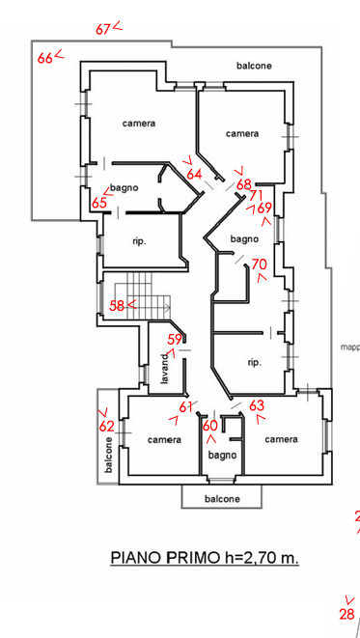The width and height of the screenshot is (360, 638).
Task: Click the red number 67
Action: coord(102,29)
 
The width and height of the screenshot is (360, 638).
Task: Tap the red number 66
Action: coord(44,59)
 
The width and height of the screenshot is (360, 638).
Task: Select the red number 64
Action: coord(195,174)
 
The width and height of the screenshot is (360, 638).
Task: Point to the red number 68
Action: coord(243,184)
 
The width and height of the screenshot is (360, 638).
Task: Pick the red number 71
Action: coord(256,195)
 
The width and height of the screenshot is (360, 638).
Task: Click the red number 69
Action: coord(264,208)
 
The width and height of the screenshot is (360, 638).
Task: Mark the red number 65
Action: coord(99,204)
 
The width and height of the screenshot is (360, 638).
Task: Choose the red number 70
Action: coord(258,264)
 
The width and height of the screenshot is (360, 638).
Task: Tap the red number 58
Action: coord(117,305)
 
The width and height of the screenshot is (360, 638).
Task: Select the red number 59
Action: coord(175,339)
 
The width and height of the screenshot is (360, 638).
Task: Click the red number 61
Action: coord(185,407)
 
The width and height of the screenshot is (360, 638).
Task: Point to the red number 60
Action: coord(210,426)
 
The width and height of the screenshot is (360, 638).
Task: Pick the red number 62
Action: coord(107,426)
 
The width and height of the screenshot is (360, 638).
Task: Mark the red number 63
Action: coord(257,406)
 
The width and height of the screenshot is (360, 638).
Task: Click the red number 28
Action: coord(346,614)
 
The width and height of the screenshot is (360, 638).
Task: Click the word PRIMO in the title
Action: coord(193,557)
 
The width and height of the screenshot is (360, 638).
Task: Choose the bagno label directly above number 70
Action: coord(242,238)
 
